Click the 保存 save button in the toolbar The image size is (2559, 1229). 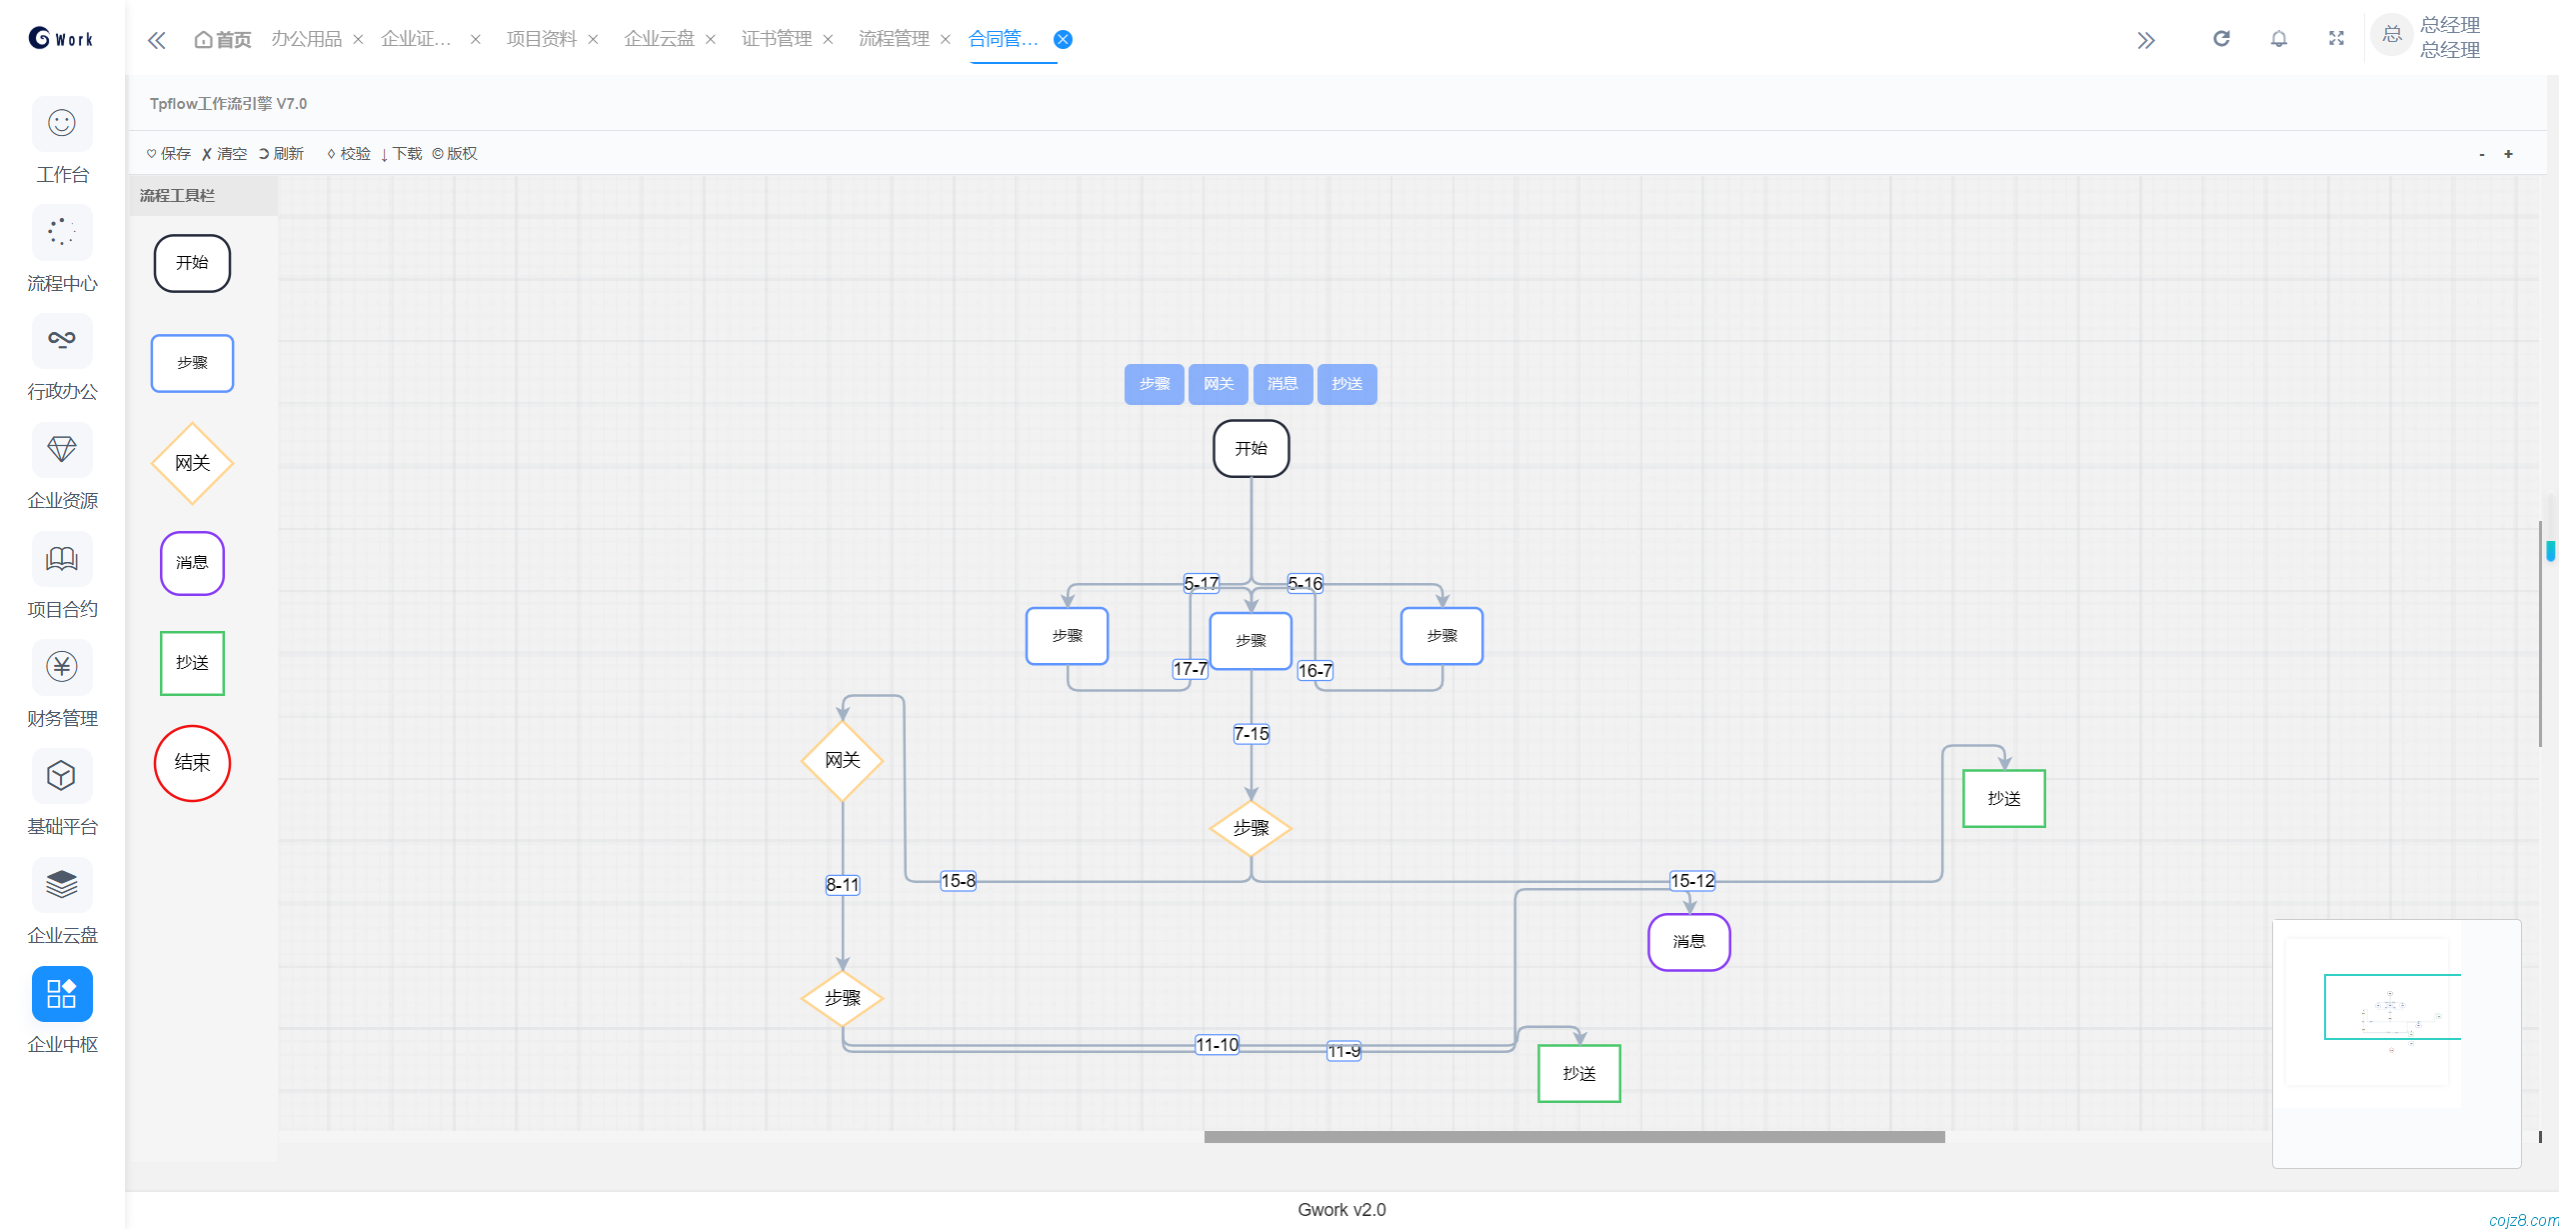click(x=168, y=153)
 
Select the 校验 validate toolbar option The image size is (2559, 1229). click(x=349, y=153)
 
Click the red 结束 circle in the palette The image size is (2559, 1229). click(x=192, y=763)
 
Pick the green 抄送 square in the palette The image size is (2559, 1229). click(x=192, y=663)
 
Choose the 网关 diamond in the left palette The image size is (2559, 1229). click(x=192, y=463)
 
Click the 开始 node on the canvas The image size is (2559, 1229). click(x=1251, y=448)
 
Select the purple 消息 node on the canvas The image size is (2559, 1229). click(x=1688, y=942)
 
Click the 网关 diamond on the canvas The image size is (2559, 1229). click(x=843, y=761)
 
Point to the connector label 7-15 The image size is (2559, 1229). click(x=1251, y=734)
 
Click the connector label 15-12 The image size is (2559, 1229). click(x=1692, y=881)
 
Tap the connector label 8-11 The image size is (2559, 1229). click(x=843, y=885)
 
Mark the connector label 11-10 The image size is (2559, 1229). click(x=1217, y=1045)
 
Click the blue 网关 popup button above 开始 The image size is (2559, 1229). click(x=1218, y=384)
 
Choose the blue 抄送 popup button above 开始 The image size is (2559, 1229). click(x=1346, y=384)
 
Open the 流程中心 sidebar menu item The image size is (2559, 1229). click(x=62, y=250)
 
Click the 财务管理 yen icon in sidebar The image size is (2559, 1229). click(x=62, y=667)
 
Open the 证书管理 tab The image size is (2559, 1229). click(x=776, y=39)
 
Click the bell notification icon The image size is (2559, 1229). click(x=2278, y=39)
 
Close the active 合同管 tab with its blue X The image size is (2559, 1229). click(x=1064, y=39)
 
